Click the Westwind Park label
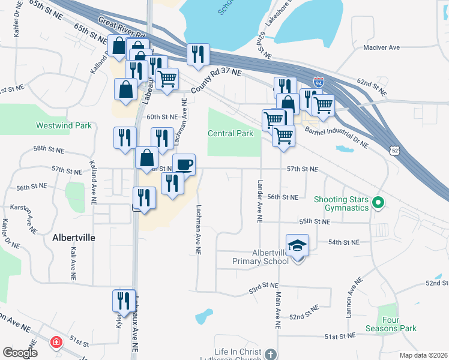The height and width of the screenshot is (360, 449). [x=64, y=125]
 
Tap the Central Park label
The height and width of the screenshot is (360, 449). [x=231, y=133]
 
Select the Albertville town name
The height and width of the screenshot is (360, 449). [x=73, y=237]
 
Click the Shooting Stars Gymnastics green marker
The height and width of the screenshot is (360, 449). [x=378, y=203]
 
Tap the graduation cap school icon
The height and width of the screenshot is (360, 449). [x=297, y=245]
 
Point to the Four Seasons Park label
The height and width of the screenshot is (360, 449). [x=391, y=324]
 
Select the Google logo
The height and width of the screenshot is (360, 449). [x=20, y=353]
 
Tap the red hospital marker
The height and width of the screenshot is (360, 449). [x=56, y=343]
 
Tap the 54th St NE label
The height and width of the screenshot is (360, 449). [x=343, y=242]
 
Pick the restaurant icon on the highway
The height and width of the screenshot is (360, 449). [x=196, y=55]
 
